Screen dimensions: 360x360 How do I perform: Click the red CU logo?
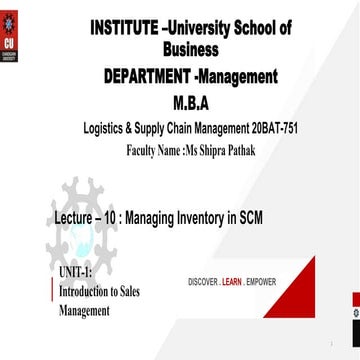coord(15,37)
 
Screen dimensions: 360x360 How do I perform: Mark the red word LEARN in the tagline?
coord(232,282)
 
